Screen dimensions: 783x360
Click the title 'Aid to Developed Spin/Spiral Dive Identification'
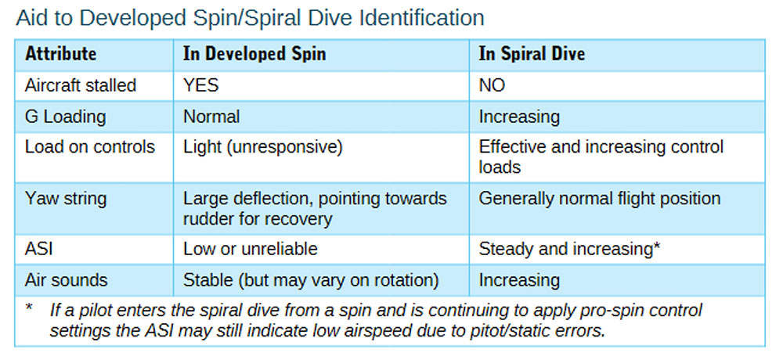pos(251,19)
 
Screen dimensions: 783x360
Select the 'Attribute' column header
pos(60,53)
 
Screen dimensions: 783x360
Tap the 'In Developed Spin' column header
pos(254,53)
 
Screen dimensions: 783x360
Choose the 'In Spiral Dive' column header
pos(532,53)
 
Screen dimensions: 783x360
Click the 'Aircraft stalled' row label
pos(81,85)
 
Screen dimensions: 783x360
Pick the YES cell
pos(200,85)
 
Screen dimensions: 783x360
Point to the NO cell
pos(492,85)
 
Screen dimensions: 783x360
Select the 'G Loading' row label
pos(66,117)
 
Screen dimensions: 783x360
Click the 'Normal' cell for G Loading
pos(211,117)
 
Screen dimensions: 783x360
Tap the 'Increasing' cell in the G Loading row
pos(519,117)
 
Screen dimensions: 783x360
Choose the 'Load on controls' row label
pos(90,147)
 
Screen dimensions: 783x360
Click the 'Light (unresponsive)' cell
pos(262,148)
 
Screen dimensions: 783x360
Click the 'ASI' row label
pos(38,249)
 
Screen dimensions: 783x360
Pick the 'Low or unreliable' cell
pos(251,249)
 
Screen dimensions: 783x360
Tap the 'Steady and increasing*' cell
pos(570,249)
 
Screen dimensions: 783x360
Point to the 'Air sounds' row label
pos(66,280)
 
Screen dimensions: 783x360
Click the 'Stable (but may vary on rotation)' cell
pos(311,281)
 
